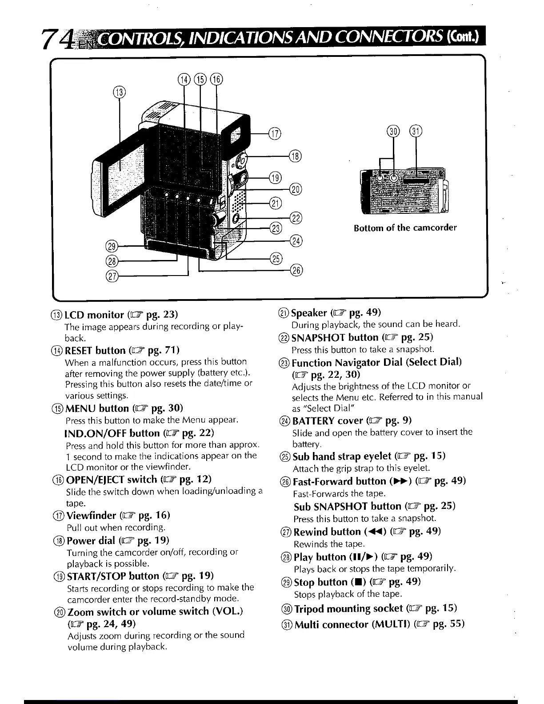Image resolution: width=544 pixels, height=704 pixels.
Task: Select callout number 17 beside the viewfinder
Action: [275, 132]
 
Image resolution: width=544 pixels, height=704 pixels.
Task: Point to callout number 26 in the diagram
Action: [296, 269]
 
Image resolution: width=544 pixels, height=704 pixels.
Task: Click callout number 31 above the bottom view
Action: [416, 131]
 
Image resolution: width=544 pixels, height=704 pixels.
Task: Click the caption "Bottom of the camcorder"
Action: [405, 228]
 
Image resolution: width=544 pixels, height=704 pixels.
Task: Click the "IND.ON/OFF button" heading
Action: [112, 433]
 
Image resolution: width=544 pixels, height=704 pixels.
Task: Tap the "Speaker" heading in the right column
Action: [309, 312]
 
